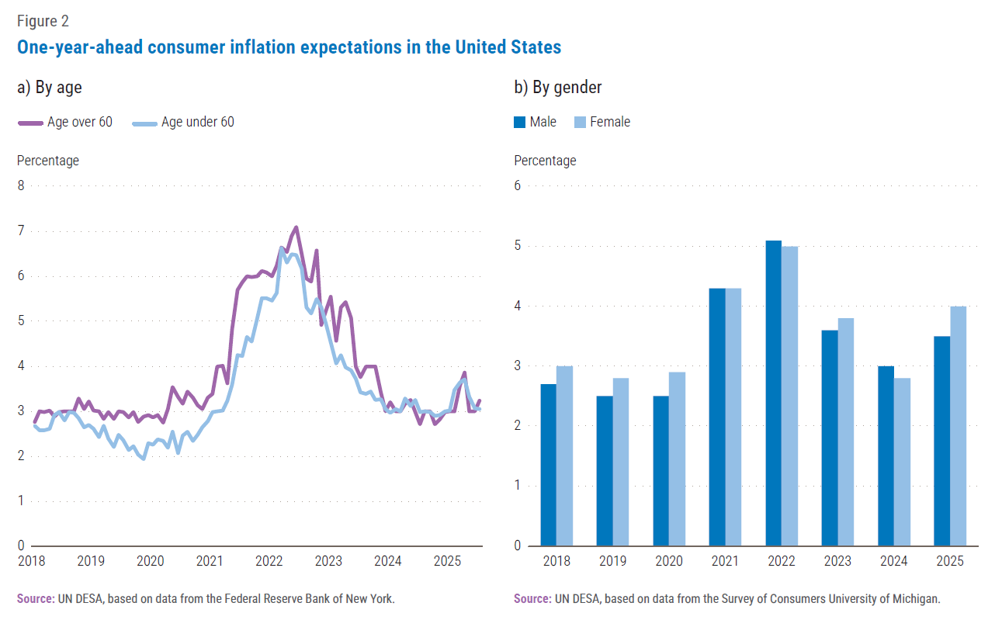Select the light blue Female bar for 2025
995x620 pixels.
coord(958,426)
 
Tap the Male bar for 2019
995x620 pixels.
coord(605,470)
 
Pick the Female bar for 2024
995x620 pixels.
coord(902,462)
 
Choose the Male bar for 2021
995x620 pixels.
coord(718,417)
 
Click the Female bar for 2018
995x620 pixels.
coord(565,455)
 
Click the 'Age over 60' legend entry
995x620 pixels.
coord(65,122)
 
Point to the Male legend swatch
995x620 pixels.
coord(520,122)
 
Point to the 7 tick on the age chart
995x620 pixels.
coord(21,230)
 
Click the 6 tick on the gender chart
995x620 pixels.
coord(518,185)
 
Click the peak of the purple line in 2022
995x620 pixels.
coord(296,227)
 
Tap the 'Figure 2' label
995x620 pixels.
coord(43,21)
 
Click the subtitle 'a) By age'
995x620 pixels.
coord(50,88)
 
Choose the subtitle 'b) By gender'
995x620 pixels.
coord(558,88)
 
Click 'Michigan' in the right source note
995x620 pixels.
coord(914,599)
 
